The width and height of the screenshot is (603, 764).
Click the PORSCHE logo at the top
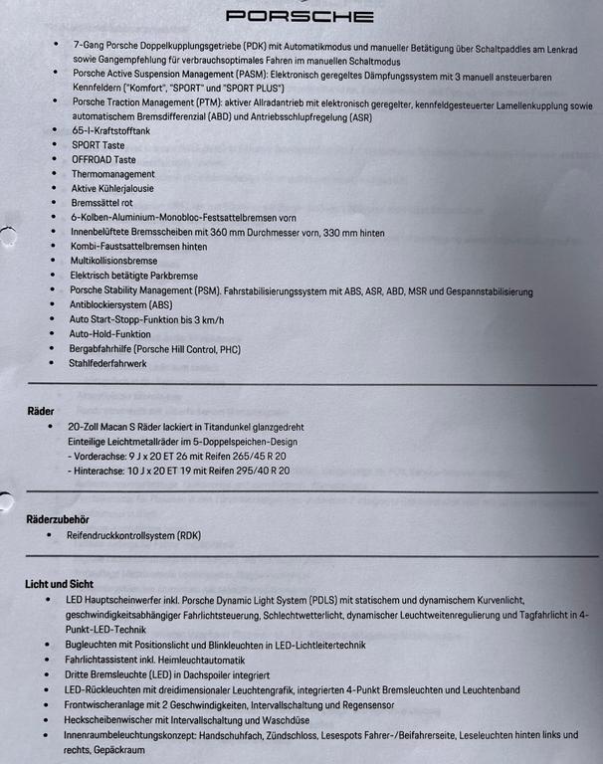pyautogui.click(x=300, y=16)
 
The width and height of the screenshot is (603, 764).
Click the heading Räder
pyautogui.click(x=41, y=410)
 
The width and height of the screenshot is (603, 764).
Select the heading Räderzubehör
pyautogui.click(x=58, y=519)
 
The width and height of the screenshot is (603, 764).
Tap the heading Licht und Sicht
pyautogui.click(x=59, y=584)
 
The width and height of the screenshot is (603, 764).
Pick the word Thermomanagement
pyautogui.click(x=112, y=174)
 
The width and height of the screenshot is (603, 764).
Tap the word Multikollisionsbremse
pyautogui.click(x=114, y=261)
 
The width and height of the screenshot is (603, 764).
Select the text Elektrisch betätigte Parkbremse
pyautogui.click(x=133, y=276)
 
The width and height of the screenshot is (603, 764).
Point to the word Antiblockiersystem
pyautogui.click(x=105, y=304)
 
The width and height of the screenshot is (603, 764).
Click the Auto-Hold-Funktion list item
pyautogui.click(x=110, y=334)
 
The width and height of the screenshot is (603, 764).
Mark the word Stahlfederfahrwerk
pyautogui.click(x=107, y=364)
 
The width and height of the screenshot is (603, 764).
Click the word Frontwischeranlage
pyautogui.click(x=107, y=705)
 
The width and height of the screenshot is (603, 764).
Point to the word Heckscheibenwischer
pyautogui.click(x=110, y=720)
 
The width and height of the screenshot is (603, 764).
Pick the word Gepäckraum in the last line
pyautogui.click(x=116, y=750)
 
